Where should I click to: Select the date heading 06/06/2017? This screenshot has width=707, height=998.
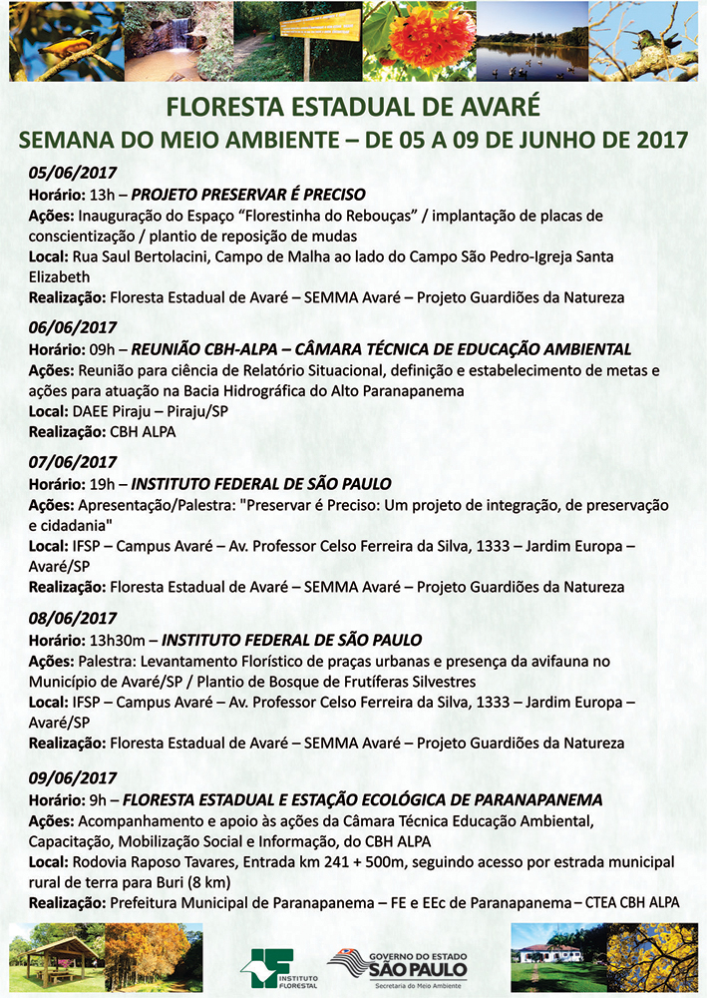tap(73, 327)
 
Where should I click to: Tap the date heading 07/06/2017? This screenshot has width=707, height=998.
tap(73, 463)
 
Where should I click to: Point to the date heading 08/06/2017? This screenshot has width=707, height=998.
tap(73, 618)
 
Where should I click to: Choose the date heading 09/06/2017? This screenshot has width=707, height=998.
tap(73, 778)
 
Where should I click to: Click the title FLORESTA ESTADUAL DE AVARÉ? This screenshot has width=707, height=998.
tap(353, 106)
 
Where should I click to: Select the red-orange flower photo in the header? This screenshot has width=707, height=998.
tap(417, 42)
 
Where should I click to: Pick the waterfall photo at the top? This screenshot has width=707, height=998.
tap(167, 42)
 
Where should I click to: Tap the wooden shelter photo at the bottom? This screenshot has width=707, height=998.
tap(56, 959)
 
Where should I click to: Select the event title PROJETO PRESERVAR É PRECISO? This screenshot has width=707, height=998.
tap(248, 194)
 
